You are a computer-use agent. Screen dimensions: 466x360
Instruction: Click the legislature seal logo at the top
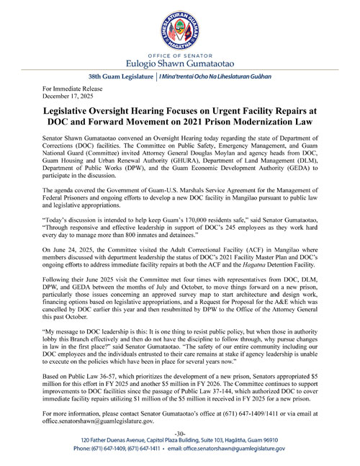point(179,28)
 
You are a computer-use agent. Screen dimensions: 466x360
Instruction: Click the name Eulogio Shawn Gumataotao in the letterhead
point(179,62)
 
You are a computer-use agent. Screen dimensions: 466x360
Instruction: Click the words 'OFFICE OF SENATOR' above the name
point(179,52)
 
